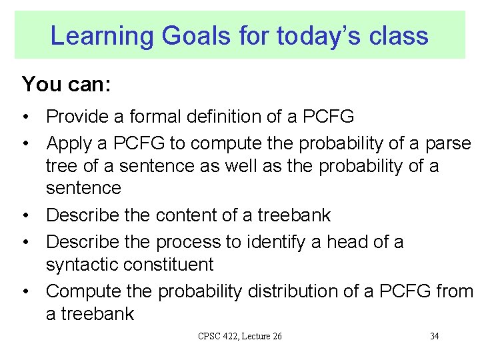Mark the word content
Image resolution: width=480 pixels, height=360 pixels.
click(188, 215)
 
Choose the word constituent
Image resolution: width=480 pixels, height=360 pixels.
click(173, 265)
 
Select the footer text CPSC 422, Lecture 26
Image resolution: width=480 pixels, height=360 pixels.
click(240, 336)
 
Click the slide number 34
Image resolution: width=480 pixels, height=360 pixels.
click(434, 336)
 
